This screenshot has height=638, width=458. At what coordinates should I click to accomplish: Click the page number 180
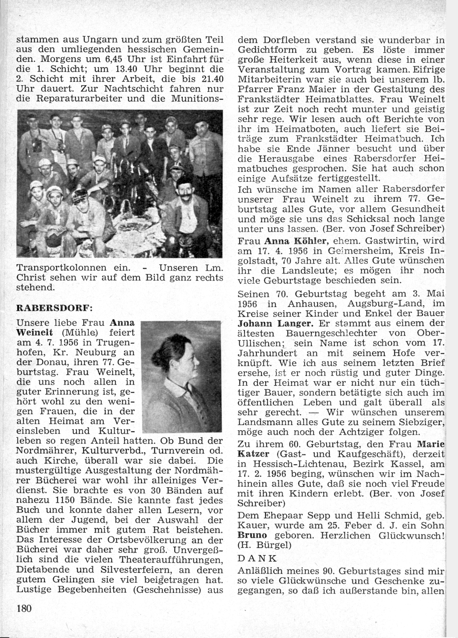[23, 608]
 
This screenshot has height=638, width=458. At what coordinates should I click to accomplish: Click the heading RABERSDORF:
[45, 307]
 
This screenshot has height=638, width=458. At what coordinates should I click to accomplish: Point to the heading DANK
[257, 558]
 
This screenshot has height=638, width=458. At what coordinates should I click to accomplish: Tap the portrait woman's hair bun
[158, 352]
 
